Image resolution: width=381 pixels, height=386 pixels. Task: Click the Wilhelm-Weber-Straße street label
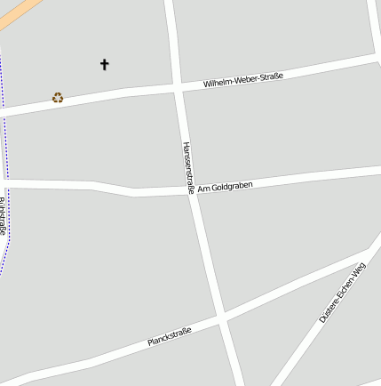[x=242, y=80]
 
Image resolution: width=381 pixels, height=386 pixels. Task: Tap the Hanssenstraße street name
[x=187, y=167]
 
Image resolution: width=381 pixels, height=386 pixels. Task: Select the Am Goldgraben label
[x=225, y=187]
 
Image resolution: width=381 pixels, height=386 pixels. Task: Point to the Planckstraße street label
[x=170, y=336]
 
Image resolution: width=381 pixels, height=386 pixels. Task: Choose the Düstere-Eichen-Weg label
[x=342, y=293]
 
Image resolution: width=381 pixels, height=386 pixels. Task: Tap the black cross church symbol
[x=104, y=64]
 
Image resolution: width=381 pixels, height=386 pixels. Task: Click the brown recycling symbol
[x=58, y=98]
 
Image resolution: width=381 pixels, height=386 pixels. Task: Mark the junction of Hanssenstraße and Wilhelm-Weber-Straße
[x=178, y=87]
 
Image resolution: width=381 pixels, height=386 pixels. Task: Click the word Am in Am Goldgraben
[x=202, y=189]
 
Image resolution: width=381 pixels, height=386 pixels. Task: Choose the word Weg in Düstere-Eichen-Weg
[x=359, y=269]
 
